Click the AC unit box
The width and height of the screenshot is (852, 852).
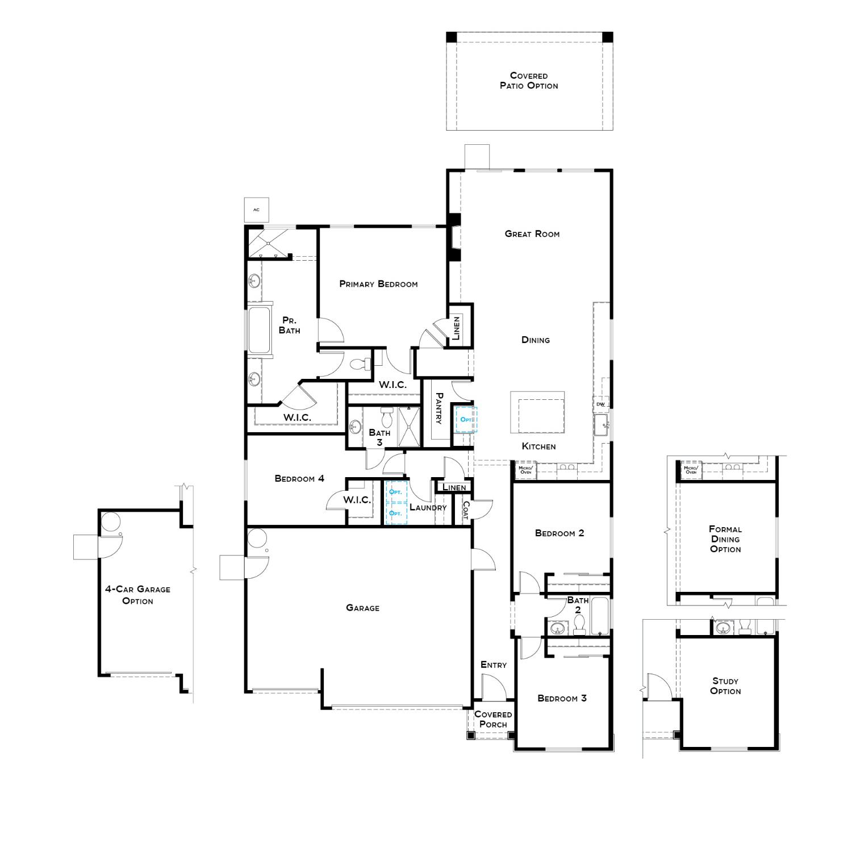click(256, 210)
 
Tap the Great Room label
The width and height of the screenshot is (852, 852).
click(532, 233)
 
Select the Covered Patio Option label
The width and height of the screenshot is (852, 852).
click(529, 81)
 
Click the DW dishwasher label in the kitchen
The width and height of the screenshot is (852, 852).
click(600, 404)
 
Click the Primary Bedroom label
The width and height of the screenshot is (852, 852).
click(378, 284)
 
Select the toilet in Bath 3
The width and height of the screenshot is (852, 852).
click(387, 417)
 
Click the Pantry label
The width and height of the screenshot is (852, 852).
click(438, 408)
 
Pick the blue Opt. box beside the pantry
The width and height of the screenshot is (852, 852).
click(466, 419)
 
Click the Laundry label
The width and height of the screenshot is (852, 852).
click(428, 507)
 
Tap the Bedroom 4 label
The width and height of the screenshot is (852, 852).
click(299, 478)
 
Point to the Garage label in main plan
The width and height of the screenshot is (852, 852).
click(362, 608)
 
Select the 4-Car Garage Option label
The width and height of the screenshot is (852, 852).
click(137, 595)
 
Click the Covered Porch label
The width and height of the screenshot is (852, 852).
click(493, 719)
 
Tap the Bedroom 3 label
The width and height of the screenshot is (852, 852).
click(562, 698)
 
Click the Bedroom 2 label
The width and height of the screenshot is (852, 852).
click(559, 533)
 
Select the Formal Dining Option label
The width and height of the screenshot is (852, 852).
click(725, 539)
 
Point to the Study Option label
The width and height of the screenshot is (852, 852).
click(725, 686)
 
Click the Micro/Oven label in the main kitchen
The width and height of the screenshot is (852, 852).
click(526, 470)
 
